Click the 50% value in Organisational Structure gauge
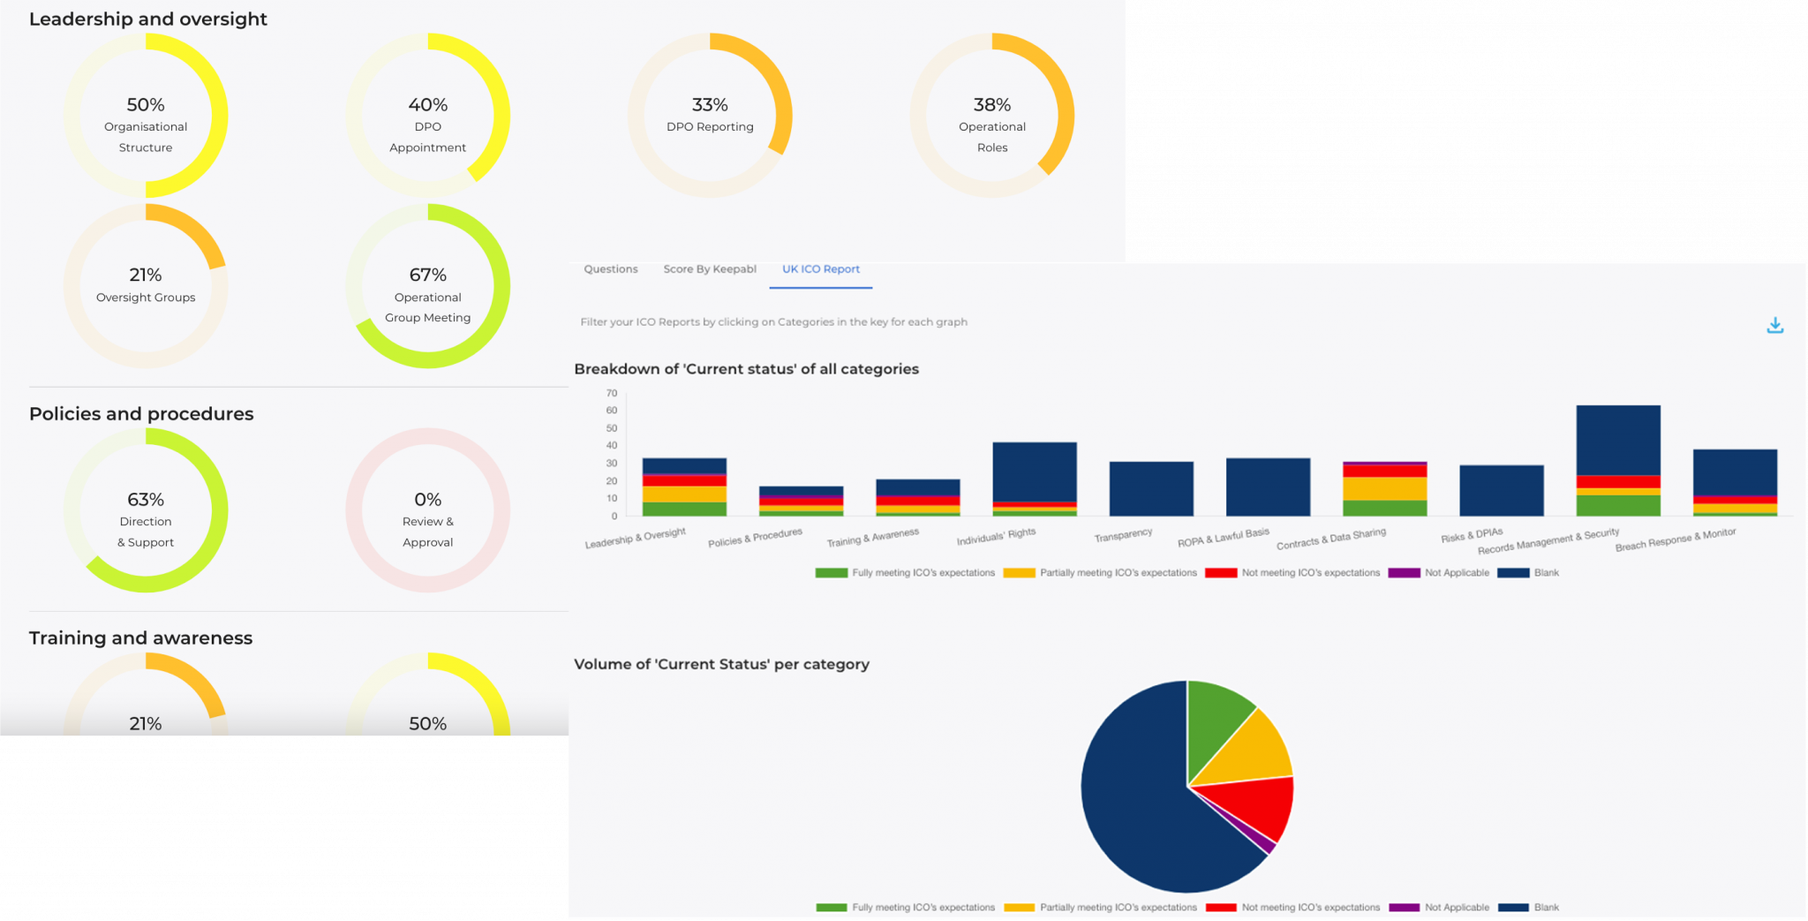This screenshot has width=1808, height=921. [x=146, y=105]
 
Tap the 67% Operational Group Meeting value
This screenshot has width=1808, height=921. [x=427, y=276]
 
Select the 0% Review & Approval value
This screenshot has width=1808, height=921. [x=427, y=500]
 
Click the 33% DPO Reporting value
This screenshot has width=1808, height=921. [x=710, y=105]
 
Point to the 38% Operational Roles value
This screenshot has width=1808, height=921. [x=991, y=105]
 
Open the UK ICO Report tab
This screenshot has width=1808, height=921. [x=820, y=269]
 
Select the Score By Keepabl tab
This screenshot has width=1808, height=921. [x=710, y=269]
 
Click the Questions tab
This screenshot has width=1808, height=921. [x=610, y=269]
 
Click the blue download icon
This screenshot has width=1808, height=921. [x=1774, y=326]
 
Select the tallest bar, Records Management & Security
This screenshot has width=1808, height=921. [x=1617, y=442]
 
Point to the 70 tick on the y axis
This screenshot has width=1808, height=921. [x=612, y=393]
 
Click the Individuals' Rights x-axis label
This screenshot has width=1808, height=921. [x=996, y=536]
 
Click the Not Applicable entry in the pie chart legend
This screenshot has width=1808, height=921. [x=1456, y=907]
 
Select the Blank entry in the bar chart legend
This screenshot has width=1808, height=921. [x=1546, y=572]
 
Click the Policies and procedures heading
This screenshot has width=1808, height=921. [x=141, y=414]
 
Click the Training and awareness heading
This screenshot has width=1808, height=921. [x=140, y=638]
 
